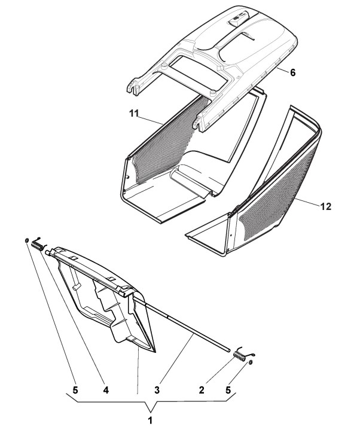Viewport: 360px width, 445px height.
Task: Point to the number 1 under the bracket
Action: click(151, 421)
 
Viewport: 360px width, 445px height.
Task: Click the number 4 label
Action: click(105, 390)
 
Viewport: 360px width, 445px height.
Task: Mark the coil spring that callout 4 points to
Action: click(38, 244)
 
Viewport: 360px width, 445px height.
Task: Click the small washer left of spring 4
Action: click(28, 241)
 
